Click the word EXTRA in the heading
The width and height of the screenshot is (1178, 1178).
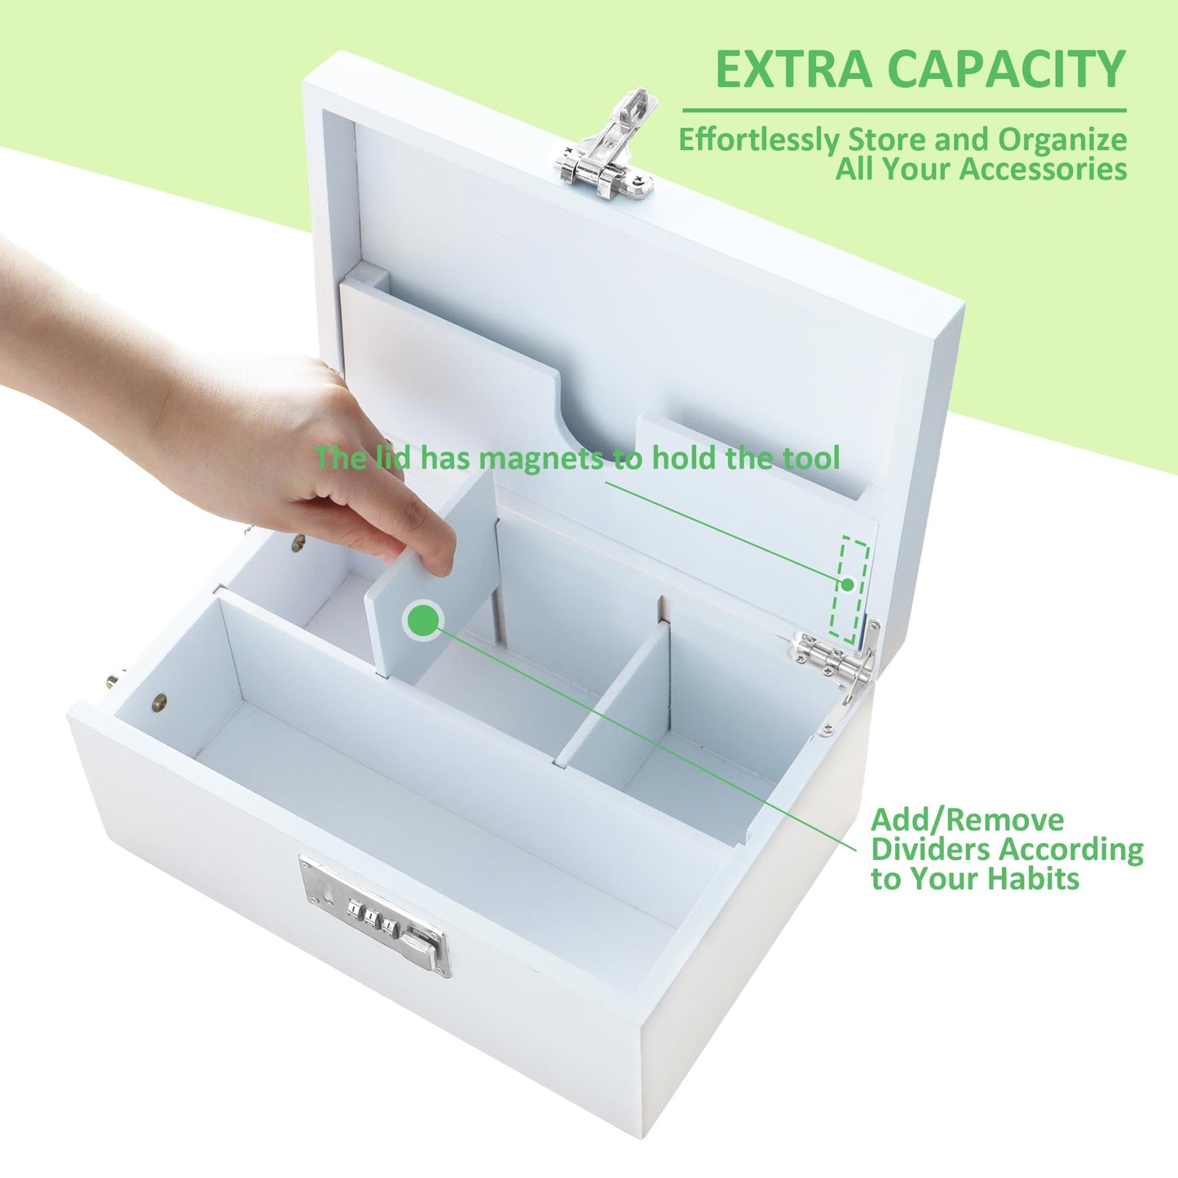click(x=793, y=69)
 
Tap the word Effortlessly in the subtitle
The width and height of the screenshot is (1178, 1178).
click(x=760, y=141)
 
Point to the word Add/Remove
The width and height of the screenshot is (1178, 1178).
click(x=968, y=820)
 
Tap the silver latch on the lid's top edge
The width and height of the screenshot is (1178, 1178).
click(x=607, y=147)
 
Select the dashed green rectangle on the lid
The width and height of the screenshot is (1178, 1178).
click(x=849, y=589)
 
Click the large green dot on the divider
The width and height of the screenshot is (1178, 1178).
click(x=421, y=620)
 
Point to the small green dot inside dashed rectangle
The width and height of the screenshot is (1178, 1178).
click(x=847, y=585)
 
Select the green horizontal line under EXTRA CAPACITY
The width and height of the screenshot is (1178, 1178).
click(x=904, y=111)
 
